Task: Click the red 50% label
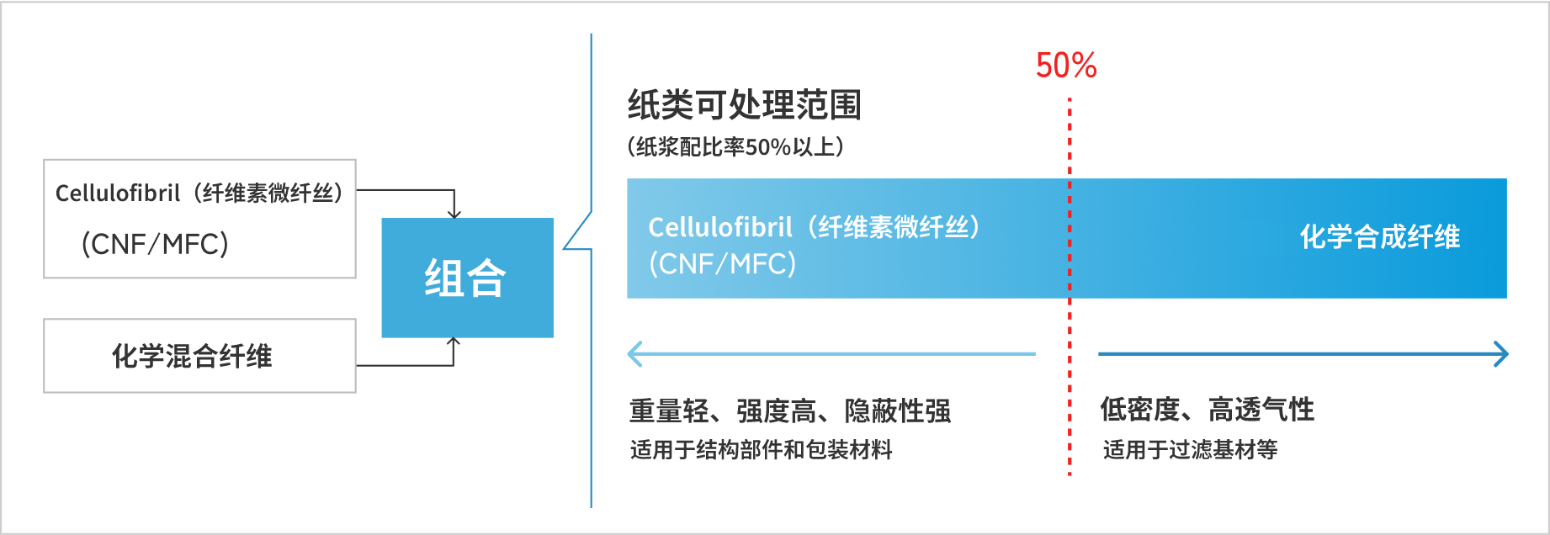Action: point(1066,66)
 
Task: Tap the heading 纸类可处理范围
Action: point(745,105)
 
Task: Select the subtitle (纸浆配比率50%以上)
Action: point(735,147)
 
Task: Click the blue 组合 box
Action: point(467,278)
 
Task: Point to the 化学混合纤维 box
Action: point(199,356)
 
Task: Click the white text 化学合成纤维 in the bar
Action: point(1380,237)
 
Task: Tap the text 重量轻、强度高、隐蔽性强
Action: point(790,411)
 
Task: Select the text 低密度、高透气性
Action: point(1207,410)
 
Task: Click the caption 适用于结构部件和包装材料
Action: point(761,450)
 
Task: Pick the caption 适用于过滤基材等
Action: point(1190,450)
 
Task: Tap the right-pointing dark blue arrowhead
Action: point(1500,354)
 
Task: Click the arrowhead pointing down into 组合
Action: point(454,214)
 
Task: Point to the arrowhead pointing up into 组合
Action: point(454,342)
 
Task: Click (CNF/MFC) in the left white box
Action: point(155,245)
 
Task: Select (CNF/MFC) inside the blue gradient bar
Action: point(722,264)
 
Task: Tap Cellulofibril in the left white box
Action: point(118,193)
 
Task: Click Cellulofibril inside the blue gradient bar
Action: point(720,227)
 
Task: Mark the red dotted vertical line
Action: point(1070,379)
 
